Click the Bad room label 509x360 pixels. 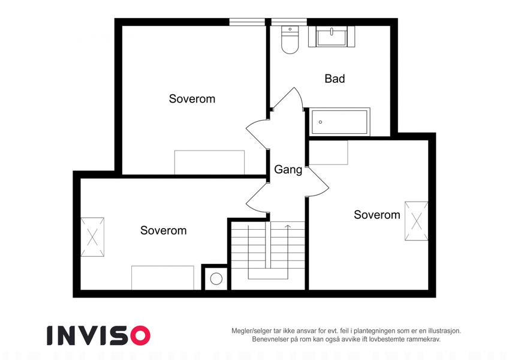(x=335, y=79)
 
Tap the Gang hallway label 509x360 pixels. (x=288, y=170)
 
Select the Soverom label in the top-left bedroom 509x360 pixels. (x=192, y=99)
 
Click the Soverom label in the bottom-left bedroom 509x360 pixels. (x=163, y=230)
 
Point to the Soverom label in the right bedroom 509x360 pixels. (x=377, y=215)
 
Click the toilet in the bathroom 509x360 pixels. (x=290, y=40)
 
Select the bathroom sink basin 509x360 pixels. (x=332, y=37)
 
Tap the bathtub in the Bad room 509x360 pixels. (x=340, y=122)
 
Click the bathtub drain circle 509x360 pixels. (x=320, y=122)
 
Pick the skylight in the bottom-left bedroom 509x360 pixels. (x=92, y=237)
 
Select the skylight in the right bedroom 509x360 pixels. (x=416, y=221)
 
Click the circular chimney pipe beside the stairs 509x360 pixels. (x=216, y=278)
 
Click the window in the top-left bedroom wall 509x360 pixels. (x=248, y=22)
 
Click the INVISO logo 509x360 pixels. (x=98, y=335)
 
